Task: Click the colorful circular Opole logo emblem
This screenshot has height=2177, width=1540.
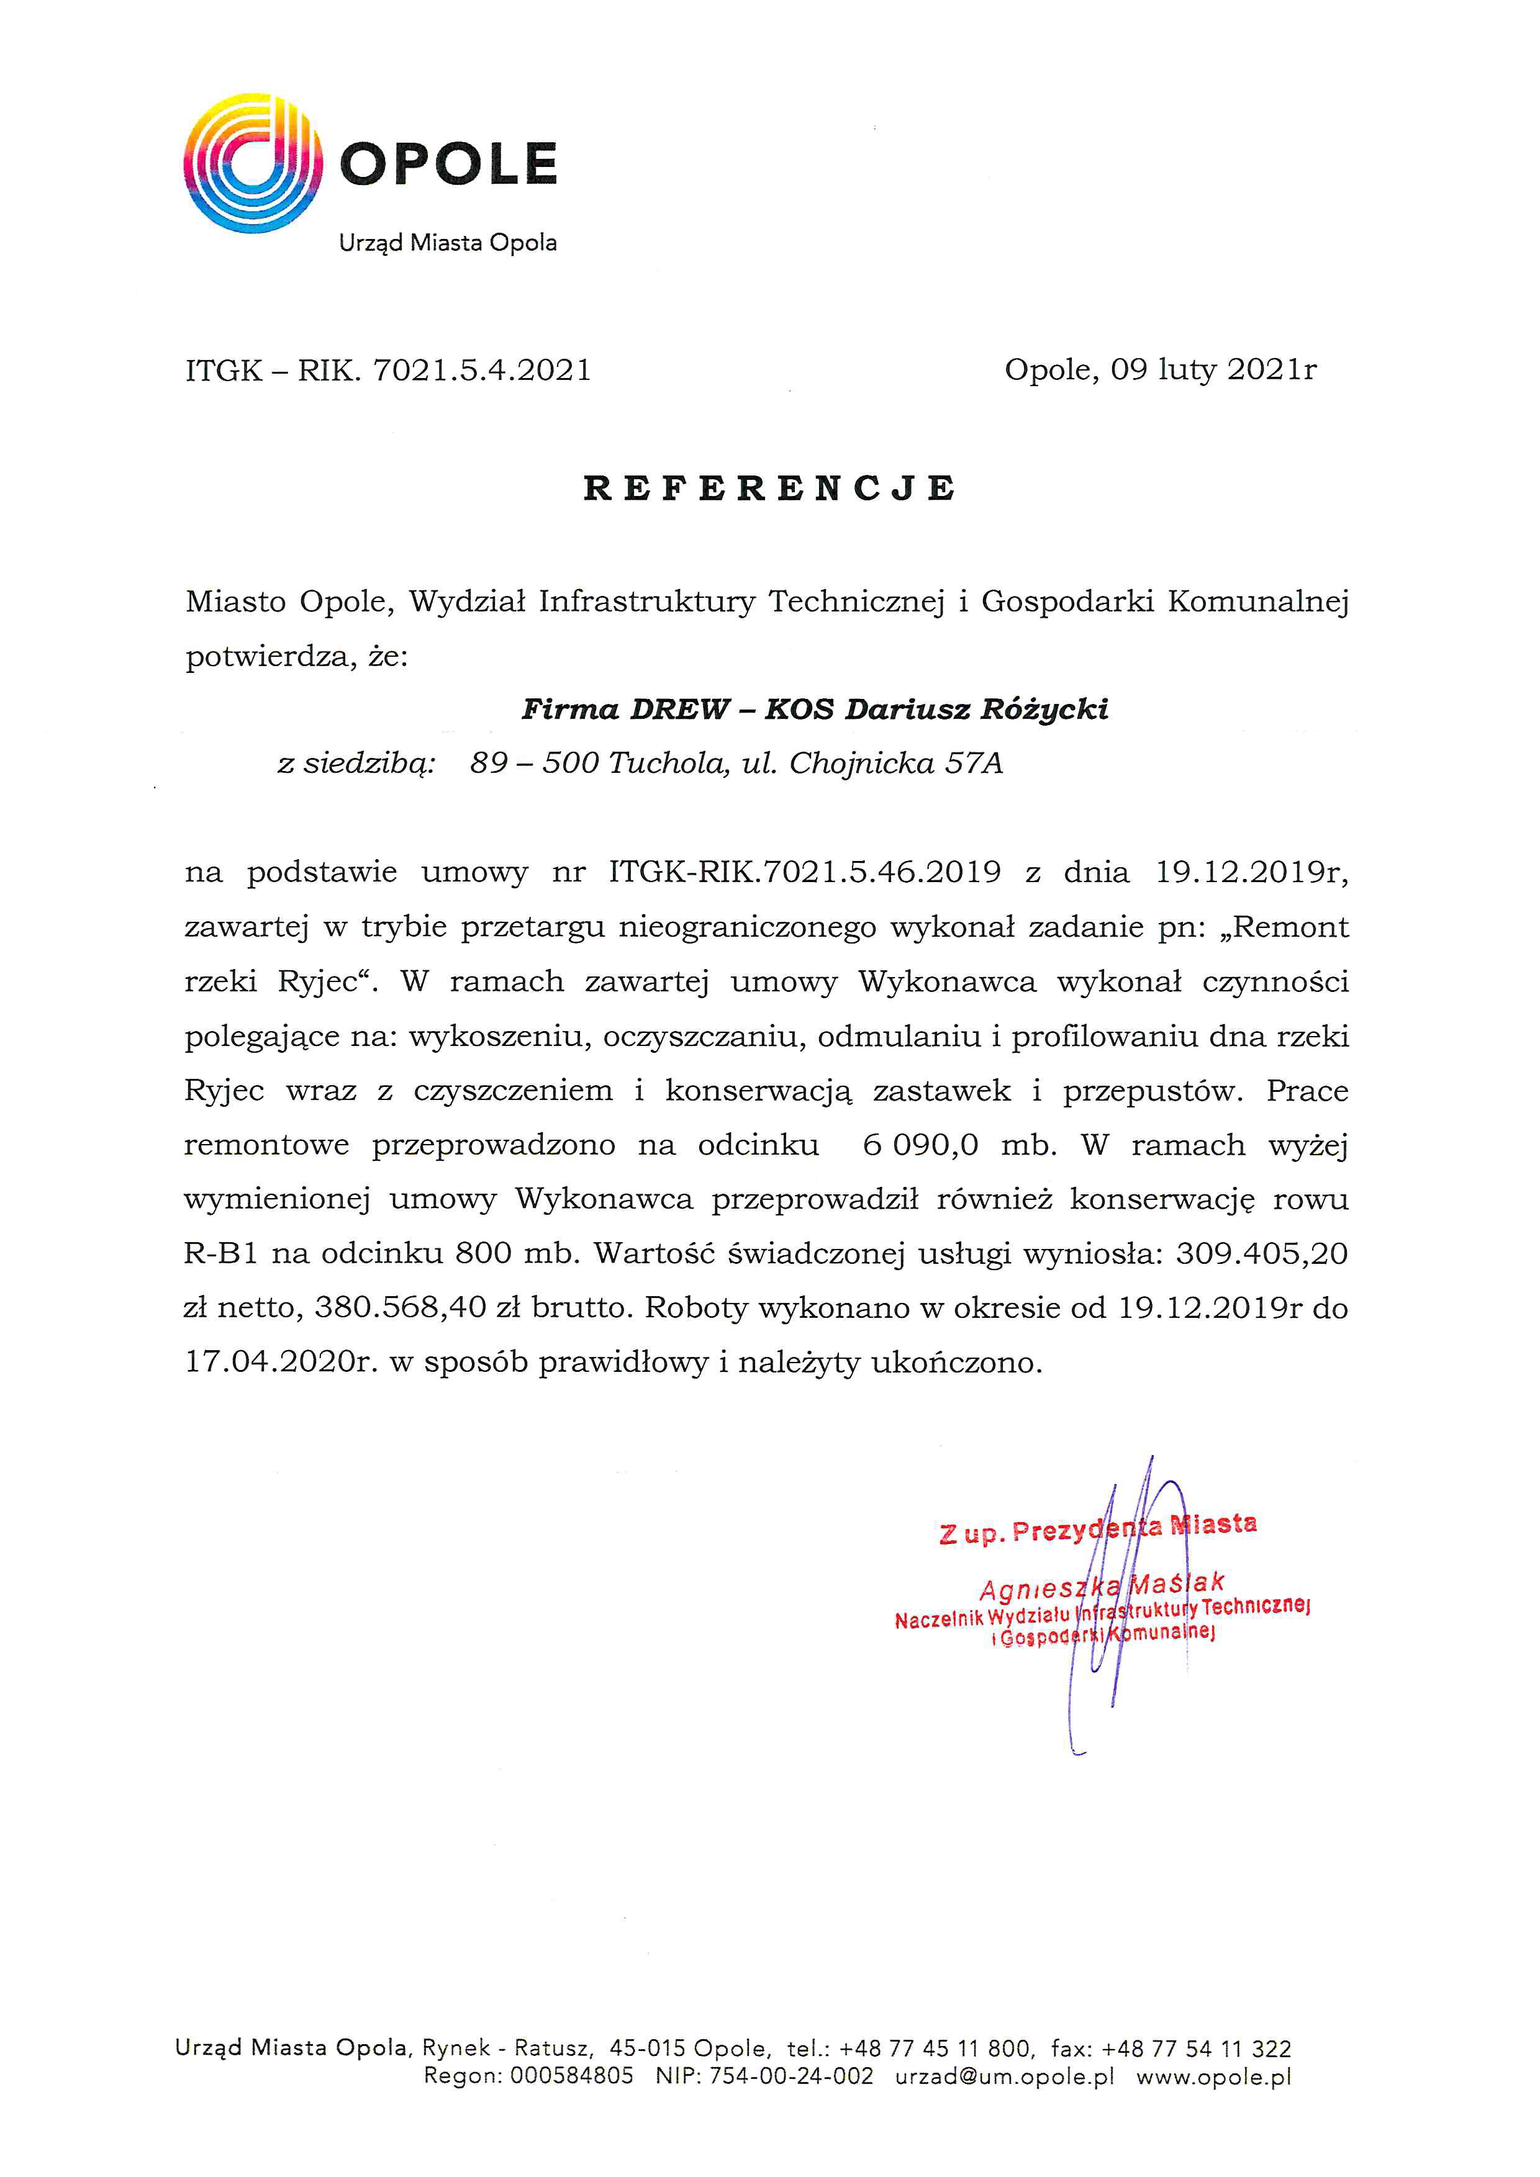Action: coord(252,163)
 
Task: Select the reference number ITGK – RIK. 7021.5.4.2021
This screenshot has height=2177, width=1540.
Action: coord(388,370)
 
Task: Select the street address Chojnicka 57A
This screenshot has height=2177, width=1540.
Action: coord(895,764)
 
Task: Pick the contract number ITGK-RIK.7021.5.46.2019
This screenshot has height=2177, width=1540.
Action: coord(804,872)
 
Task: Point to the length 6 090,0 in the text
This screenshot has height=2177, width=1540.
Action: coord(920,1145)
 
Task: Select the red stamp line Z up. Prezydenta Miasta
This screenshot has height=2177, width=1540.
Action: coord(1097,1528)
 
